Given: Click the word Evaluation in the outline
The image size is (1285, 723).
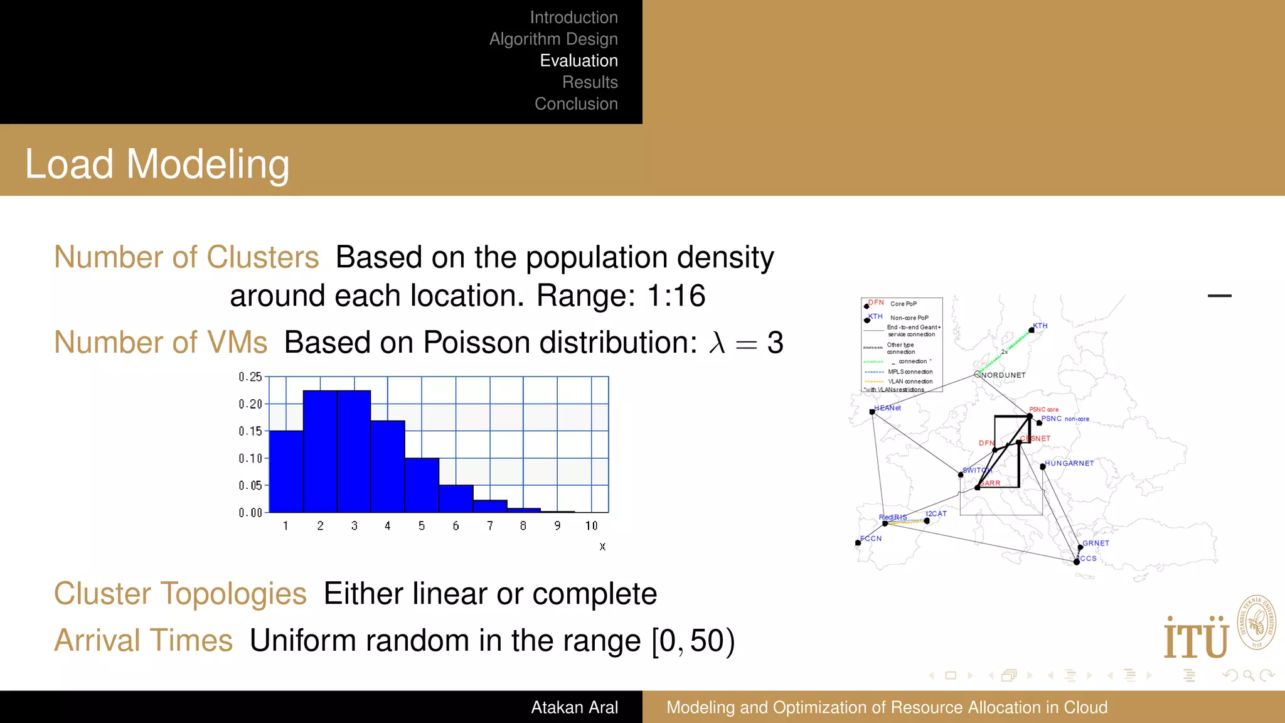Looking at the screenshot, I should tap(579, 61).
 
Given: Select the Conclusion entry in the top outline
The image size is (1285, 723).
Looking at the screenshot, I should tap(576, 104).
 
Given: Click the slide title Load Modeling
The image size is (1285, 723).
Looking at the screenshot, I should tap(157, 164).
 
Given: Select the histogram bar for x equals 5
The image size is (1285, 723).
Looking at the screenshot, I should tap(422, 485).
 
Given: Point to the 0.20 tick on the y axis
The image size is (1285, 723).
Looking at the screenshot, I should tap(250, 404).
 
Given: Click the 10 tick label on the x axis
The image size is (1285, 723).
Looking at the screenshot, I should tap(591, 526).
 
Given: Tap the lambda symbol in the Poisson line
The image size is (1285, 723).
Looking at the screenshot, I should tap(717, 343).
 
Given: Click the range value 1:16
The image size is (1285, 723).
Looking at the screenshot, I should tap(676, 296).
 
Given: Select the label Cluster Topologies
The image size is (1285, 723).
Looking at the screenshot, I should tap(180, 594).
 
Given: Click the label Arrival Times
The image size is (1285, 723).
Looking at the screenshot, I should tap(143, 641).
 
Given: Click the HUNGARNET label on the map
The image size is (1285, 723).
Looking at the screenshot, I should tap(1069, 463).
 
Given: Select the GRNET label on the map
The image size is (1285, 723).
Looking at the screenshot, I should tap(1096, 544).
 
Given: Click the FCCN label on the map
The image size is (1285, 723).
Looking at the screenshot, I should tap(872, 538).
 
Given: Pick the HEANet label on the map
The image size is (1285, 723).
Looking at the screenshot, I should tap(888, 408).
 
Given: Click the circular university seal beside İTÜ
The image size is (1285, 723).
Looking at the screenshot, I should tap(1256, 623).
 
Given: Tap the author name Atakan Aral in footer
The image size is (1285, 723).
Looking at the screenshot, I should tap(574, 707).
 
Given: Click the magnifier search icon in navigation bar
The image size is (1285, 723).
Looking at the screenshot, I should tap(1249, 675).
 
